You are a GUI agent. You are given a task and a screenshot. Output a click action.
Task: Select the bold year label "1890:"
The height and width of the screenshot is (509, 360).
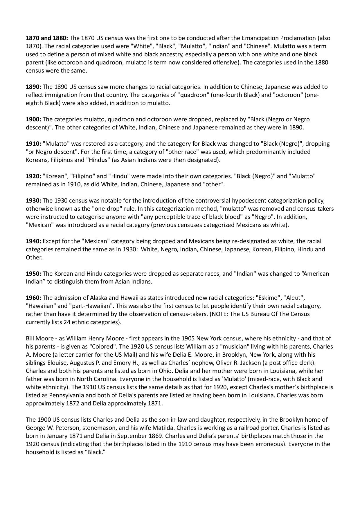pyautogui.click(x=34, y=87)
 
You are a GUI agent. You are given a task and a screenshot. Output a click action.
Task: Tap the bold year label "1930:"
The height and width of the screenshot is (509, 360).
pyautogui.click(x=34, y=201)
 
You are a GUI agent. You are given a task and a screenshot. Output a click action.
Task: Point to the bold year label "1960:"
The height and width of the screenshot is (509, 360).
pyautogui.click(x=34, y=298)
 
